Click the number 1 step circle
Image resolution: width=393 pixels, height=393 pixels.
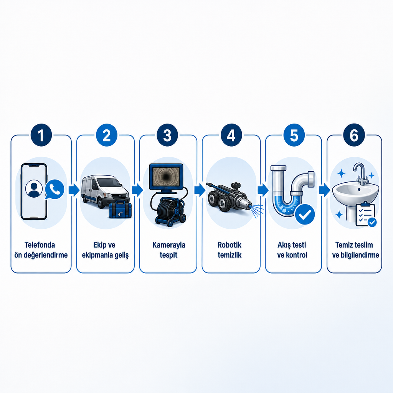click(41, 135)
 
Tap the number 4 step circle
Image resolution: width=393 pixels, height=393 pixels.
click(231, 135)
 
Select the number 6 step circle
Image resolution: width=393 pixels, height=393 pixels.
click(354, 135)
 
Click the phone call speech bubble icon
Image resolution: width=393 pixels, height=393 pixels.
click(54, 189)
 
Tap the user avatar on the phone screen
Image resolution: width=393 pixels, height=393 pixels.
click(34, 189)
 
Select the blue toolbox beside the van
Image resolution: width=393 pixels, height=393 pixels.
click(120, 209)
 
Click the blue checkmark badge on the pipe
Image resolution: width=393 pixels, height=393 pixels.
click(305, 214)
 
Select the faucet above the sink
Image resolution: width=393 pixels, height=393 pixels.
click(360, 173)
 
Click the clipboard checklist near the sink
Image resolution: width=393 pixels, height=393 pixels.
click(366, 215)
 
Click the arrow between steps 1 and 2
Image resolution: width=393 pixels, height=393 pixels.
click(74, 190)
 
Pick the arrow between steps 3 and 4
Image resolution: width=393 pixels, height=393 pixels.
click(200, 190)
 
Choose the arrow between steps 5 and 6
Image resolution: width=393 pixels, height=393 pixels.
click(325, 190)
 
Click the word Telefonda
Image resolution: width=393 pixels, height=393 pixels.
click(40, 245)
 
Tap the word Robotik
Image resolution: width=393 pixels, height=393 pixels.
click(230, 245)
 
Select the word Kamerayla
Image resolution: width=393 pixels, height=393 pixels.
click(169, 245)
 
